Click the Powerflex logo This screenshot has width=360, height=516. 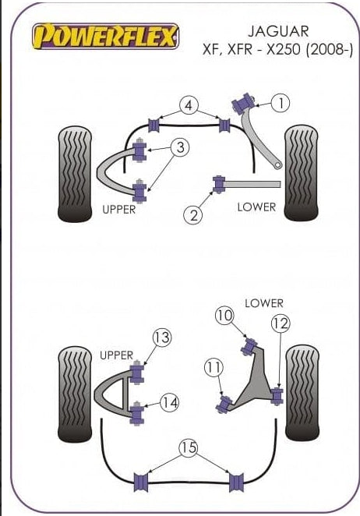click(106, 36)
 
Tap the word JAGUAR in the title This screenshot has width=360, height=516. click(278, 31)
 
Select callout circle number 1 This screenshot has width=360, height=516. click(281, 103)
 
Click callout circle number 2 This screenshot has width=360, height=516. click(193, 215)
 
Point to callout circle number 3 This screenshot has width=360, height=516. click(180, 147)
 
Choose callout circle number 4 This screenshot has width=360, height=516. click(189, 105)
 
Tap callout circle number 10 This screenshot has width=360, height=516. click(224, 316)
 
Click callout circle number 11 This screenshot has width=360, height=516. click(214, 367)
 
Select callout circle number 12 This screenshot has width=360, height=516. click(281, 323)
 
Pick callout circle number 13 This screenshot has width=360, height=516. click(162, 338)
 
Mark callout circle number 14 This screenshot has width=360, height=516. click(170, 402)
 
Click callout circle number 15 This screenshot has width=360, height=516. click(189, 447)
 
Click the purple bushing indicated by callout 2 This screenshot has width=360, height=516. click(218, 184)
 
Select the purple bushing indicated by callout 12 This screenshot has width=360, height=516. click(277, 396)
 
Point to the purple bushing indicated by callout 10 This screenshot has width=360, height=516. click(250, 346)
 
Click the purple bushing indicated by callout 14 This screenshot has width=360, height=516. click(137, 412)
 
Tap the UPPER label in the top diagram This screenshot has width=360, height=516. click(118, 210)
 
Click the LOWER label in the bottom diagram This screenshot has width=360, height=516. click(264, 303)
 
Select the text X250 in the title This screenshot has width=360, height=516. click(284, 50)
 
